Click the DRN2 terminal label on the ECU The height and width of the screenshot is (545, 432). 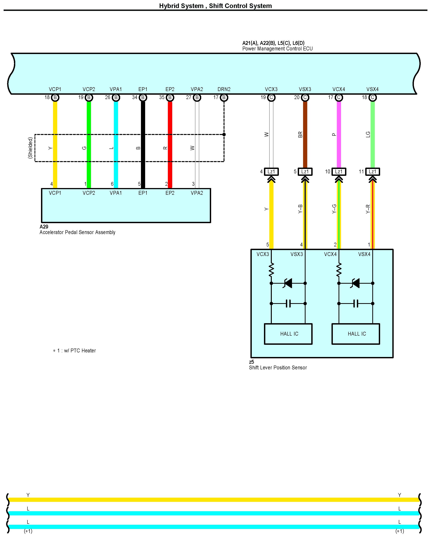(224, 89)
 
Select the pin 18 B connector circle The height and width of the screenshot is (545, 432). (55, 98)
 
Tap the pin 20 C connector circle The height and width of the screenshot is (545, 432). (305, 98)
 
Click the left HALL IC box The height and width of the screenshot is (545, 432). (288, 334)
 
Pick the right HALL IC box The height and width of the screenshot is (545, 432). (356, 334)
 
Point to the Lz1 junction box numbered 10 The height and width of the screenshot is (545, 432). (339, 172)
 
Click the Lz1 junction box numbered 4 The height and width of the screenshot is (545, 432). (271, 172)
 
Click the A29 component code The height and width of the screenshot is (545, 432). (44, 227)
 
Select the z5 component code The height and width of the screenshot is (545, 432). (251, 362)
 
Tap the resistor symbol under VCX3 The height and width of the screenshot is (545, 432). (271, 270)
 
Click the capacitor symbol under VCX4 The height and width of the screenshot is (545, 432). (356, 303)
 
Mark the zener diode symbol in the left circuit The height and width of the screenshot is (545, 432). (288, 283)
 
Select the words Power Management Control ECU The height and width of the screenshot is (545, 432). (277, 48)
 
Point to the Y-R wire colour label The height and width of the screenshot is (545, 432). (368, 209)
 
